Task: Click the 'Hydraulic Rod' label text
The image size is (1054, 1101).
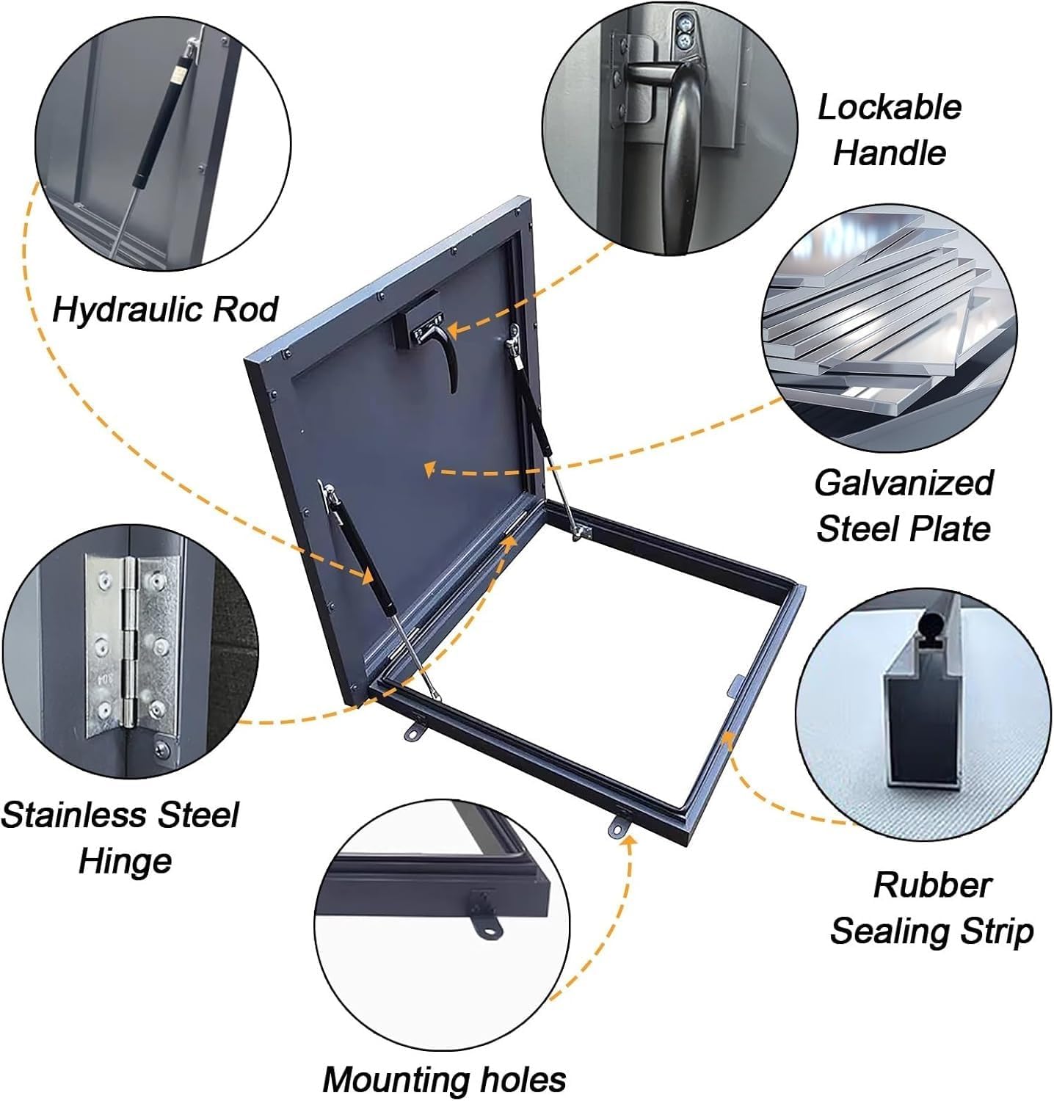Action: (164, 309)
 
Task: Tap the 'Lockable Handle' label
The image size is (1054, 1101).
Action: (889, 130)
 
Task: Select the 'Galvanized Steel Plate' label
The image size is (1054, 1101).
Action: (904, 506)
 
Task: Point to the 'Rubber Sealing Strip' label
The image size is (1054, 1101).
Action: (931, 908)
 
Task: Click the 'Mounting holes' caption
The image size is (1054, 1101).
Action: (444, 1079)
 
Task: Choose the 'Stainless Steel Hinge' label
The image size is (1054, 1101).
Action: (121, 837)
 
